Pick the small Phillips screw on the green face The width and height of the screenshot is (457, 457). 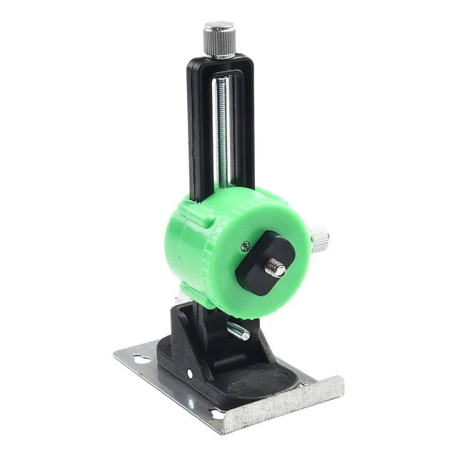click(x=246, y=246)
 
